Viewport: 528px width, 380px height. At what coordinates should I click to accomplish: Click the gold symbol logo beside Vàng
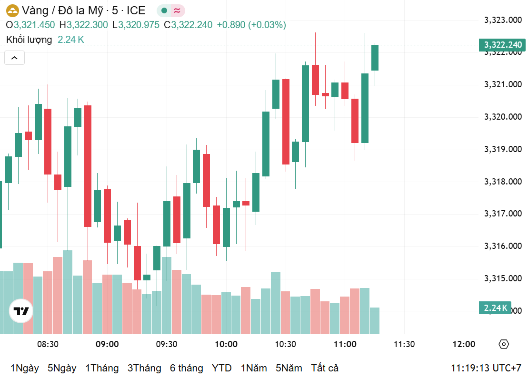tap(12, 10)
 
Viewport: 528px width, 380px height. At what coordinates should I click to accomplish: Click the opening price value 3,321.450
tap(34, 25)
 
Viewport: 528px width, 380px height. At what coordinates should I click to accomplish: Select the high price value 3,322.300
tap(87, 25)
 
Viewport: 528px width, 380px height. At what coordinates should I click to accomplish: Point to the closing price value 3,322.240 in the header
tap(191, 25)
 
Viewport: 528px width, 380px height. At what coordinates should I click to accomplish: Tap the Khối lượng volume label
tap(29, 40)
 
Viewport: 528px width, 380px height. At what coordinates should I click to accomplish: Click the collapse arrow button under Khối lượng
tap(14, 58)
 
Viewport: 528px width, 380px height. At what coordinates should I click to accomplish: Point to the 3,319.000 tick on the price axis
tap(503, 149)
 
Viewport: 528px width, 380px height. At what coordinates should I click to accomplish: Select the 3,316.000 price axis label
tap(503, 246)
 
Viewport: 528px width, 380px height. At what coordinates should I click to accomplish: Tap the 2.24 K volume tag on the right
tap(495, 308)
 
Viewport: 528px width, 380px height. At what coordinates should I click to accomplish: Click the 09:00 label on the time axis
tap(107, 344)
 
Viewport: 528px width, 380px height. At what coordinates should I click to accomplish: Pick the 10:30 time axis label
tap(285, 344)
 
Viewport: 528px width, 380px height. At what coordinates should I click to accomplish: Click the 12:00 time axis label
tap(463, 344)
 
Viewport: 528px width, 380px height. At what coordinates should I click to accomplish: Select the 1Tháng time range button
tap(102, 368)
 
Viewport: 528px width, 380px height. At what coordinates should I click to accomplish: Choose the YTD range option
tap(221, 368)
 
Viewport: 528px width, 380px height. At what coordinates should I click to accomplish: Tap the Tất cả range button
tap(325, 368)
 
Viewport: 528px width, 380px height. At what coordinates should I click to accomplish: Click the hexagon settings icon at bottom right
tap(504, 344)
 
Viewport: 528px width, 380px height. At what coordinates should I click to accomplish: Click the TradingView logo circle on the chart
tap(21, 311)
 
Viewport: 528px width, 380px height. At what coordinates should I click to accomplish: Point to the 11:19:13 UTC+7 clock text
tap(486, 368)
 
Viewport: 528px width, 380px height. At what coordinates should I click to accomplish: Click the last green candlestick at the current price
tap(375, 58)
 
